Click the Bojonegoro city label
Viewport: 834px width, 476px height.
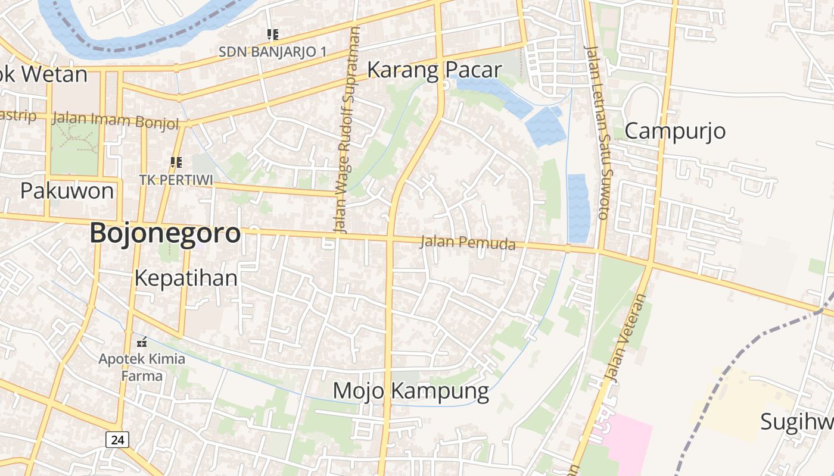[x=165, y=233]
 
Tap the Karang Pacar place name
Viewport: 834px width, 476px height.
[x=434, y=70]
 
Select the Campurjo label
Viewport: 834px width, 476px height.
[x=675, y=130]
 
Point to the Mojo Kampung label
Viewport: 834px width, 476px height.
[x=410, y=391]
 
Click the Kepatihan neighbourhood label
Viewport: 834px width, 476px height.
[x=186, y=278]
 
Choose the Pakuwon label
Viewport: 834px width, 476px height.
[x=67, y=191]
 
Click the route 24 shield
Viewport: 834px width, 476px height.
[x=117, y=440]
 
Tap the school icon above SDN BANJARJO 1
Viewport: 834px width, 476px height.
[x=273, y=35]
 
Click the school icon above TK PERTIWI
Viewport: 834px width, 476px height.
[x=176, y=162]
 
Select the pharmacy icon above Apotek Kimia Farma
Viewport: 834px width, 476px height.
[x=142, y=342]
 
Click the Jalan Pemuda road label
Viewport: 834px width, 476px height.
[x=468, y=243]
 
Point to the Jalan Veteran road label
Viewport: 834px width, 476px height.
[x=625, y=337]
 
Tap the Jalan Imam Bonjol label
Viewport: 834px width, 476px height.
[x=116, y=121]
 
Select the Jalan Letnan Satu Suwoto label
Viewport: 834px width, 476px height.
[x=598, y=132]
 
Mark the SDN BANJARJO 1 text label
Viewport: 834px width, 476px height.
[x=272, y=52]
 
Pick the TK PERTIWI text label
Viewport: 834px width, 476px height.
[x=176, y=179]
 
